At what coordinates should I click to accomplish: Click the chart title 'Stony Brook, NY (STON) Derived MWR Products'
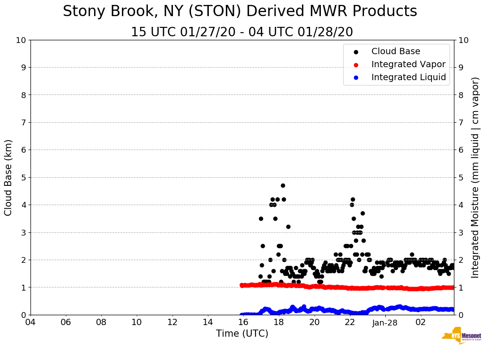click(x=240, y=12)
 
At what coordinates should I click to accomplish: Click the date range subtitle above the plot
click(x=242, y=32)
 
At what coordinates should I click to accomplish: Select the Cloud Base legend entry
click(x=396, y=51)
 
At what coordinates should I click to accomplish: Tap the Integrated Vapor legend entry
click(x=408, y=64)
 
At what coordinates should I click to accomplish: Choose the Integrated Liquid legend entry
click(x=408, y=77)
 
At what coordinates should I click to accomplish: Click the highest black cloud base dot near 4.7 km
click(x=283, y=185)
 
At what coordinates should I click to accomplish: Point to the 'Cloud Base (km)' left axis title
click(x=9, y=177)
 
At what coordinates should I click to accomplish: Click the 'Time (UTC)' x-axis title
click(x=242, y=334)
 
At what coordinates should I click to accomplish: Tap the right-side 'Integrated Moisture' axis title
click(x=475, y=177)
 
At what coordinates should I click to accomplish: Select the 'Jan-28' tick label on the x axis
click(x=385, y=322)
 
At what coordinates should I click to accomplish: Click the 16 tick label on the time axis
click(x=243, y=322)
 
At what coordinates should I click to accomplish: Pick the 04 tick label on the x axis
click(x=30, y=322)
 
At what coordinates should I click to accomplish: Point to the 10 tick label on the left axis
click(x=21, y=40)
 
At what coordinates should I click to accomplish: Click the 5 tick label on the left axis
click(x=23, y=177)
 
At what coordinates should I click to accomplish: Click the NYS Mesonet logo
click(x=462, y=338)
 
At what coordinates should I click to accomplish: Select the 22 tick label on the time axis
click(x=350, y=322)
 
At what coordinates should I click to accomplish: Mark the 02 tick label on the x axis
click(x=420, y=322)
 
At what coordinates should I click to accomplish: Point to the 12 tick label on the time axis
click(x=173, y=322)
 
